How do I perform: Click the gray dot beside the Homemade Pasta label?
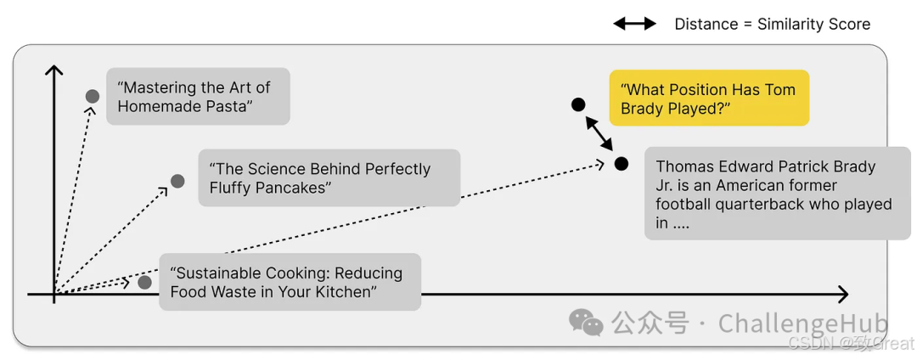[93, 97]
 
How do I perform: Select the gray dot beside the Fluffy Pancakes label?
[177, 181]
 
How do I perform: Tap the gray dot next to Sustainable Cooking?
[145, 282]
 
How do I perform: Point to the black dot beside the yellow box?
[578, 104]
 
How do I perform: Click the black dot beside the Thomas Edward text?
[622, 163]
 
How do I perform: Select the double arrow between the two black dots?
[599, 134]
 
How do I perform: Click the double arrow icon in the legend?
[635, 24]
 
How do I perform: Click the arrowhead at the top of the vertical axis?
[54, 69]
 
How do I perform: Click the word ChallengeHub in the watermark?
[802, 323]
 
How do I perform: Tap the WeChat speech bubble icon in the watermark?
[587, 322]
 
